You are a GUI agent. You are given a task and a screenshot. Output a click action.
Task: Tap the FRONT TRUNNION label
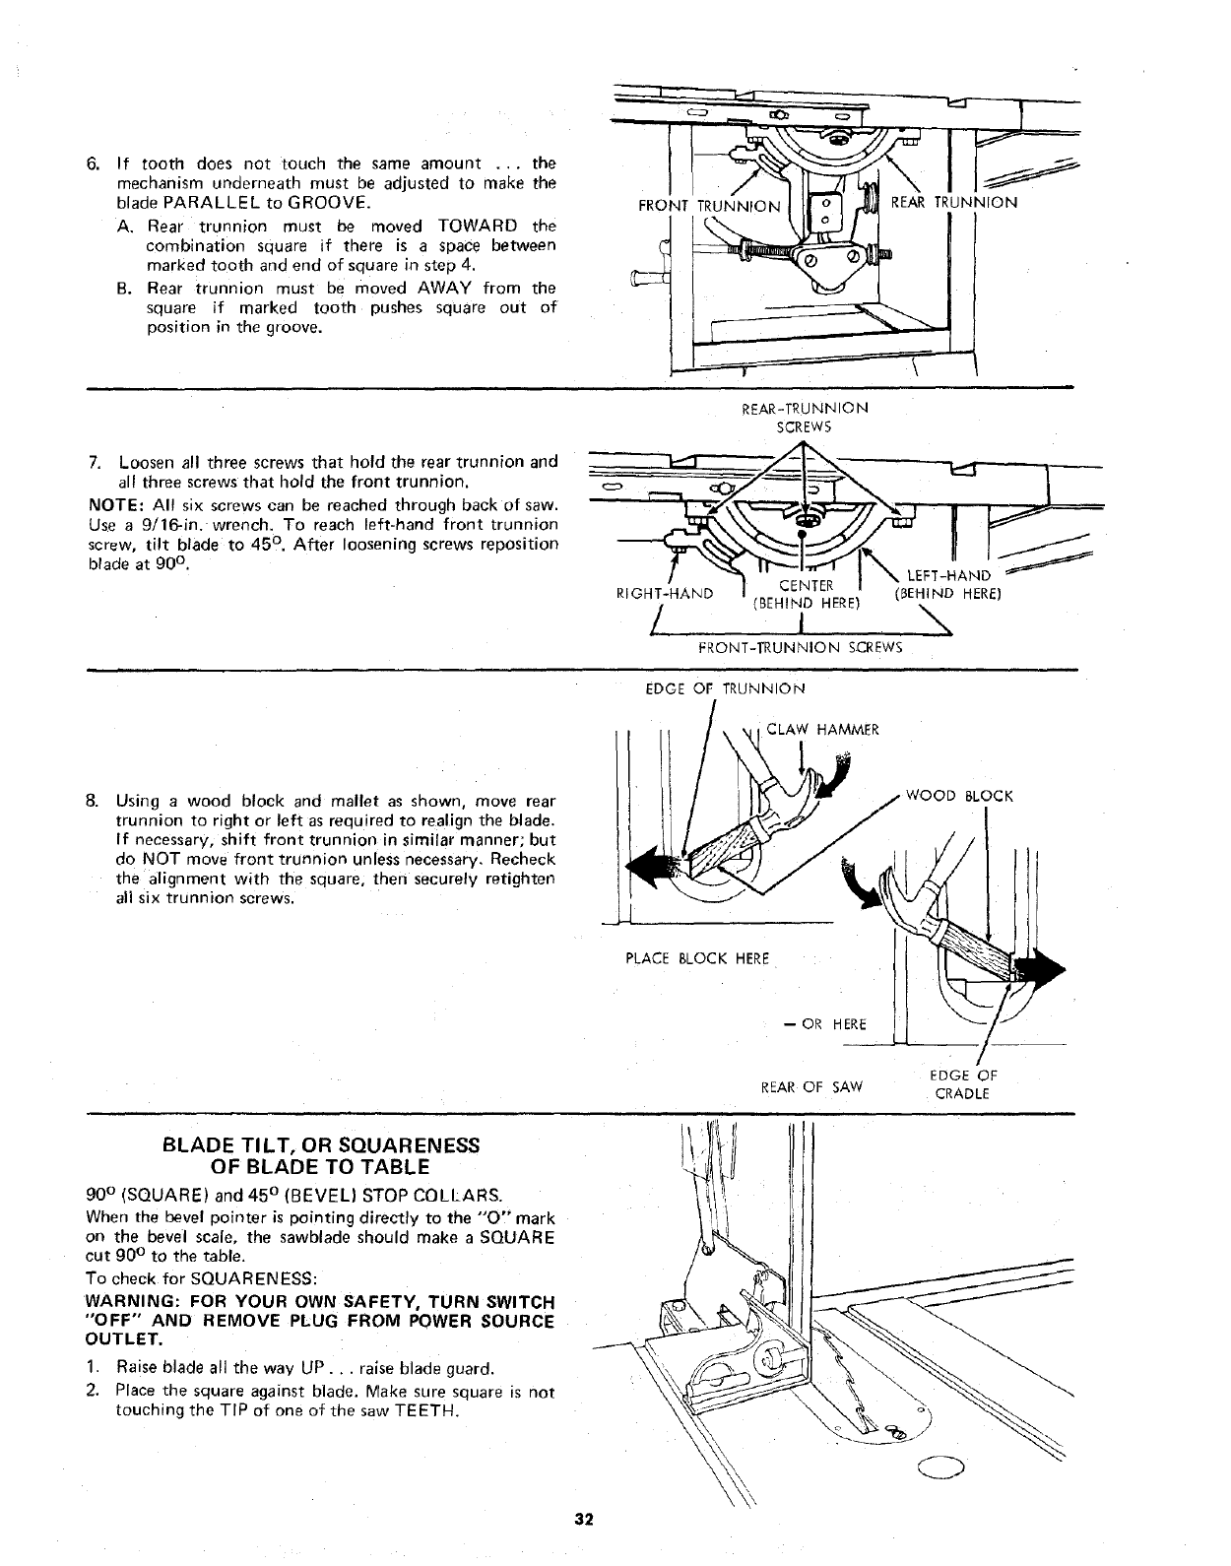click(709, 207)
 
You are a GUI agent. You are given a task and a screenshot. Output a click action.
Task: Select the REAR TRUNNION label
click(953, 202)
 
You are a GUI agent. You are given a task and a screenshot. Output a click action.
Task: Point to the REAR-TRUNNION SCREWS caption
click(805, 417)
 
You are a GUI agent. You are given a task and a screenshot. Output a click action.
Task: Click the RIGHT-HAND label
click(664, 594)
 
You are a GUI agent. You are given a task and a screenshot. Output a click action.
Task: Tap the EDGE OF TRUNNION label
click(725, 688)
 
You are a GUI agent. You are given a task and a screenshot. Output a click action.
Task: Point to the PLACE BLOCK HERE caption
click(697, 958)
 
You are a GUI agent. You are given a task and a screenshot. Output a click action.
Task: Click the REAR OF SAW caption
click(813, 1086)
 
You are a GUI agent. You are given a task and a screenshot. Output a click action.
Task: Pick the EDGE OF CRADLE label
click(963, 1084)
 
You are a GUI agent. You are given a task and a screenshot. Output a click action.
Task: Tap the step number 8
click(94, 800)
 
